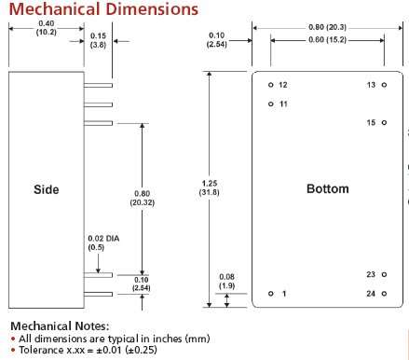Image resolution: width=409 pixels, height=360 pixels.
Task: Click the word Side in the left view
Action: [46, 189]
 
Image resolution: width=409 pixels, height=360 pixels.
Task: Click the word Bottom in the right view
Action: [327, 189]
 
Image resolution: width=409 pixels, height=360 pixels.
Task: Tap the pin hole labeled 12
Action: [271, 85]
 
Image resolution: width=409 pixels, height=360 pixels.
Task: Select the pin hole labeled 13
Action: [384, 85]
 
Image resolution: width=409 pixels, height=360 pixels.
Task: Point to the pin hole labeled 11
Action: [271, 104]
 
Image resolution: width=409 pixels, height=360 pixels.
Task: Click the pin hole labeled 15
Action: [384, 123]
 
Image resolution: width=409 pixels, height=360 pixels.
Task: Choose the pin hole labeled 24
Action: [384, 294]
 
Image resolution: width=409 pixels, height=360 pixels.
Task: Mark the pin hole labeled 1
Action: [271, 294]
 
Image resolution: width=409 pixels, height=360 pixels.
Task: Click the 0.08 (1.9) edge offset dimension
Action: [226, 282]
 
